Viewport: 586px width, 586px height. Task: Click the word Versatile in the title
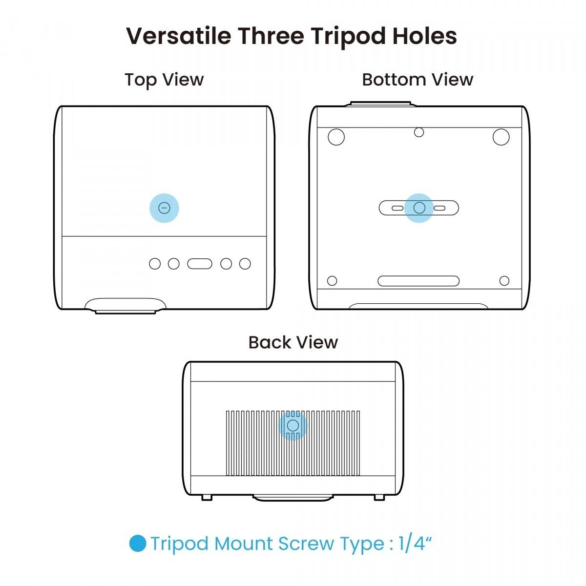point(179,36)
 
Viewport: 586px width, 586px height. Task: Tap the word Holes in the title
point(424,36)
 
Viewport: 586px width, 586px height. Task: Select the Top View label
point(164,80)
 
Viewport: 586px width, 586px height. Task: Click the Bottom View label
point(418,80)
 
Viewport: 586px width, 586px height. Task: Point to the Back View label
point(293,342)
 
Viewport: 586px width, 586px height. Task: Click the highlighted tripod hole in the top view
point(164,208)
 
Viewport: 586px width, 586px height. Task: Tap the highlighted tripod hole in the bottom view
point(419,208)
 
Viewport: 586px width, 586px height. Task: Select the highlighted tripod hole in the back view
point(293,425)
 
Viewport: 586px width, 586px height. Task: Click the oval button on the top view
point(200,264)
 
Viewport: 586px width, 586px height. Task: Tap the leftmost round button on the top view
point(155,264)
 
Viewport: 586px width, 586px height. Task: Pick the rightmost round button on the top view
point(245,264)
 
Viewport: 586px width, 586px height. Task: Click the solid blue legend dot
point(137,543)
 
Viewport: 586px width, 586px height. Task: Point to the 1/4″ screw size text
point(415,543)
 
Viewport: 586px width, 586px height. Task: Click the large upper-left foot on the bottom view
point(336,137)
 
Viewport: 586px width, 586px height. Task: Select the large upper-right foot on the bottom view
point(501,137)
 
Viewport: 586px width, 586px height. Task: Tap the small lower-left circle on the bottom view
point(332,280)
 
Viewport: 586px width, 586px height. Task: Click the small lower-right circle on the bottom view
point(504,280)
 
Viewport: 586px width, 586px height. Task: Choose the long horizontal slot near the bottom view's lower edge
point(419,281)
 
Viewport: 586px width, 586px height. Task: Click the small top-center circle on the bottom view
point(419,132)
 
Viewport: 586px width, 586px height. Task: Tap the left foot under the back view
point(207,498)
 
